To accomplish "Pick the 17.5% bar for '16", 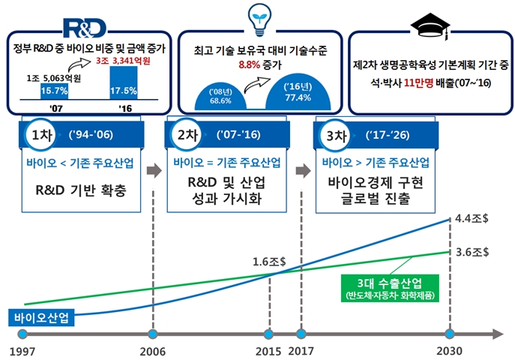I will (124, 83).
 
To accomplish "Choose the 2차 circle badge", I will (189, 137).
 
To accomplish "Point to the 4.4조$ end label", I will (471, 220).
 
